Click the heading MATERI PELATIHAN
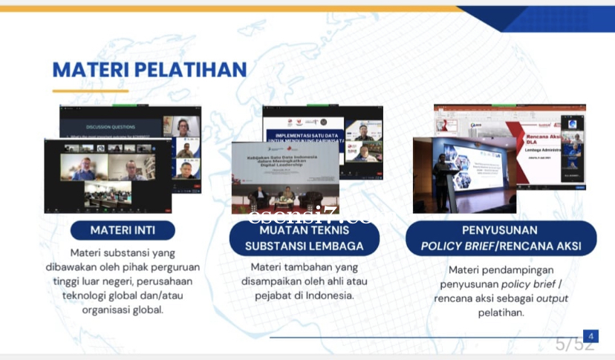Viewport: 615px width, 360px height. pos(149,69)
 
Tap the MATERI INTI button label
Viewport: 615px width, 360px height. pos(123,230)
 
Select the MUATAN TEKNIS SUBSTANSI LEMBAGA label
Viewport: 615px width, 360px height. pos(305,238)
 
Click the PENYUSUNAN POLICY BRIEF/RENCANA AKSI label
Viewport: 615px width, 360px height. pos(500,238)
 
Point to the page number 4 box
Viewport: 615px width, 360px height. pos(590,336)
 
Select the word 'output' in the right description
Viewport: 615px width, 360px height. pos(552,298)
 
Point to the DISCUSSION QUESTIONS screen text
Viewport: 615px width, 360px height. pos(111,127)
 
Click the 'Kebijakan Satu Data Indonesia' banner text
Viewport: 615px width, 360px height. pos(275,163)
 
